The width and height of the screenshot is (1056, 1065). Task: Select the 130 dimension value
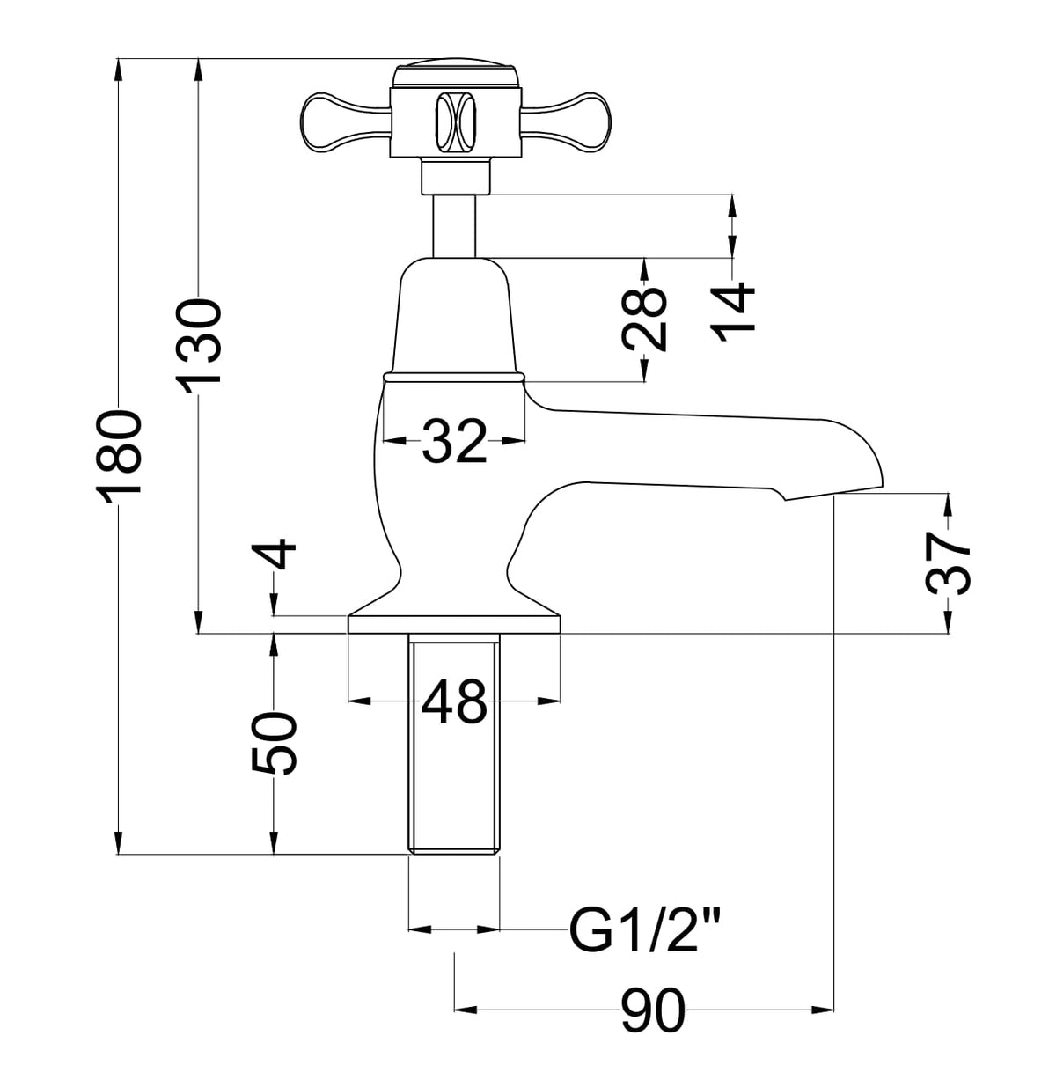point(198,345)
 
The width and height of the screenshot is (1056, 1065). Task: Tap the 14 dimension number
point(732,312)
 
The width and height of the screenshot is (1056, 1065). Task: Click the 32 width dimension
point(454,440)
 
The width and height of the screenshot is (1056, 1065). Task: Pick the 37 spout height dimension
point(948,562)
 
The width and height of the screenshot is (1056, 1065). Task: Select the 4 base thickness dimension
point(274,554)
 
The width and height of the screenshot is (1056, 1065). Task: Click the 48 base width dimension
point(454,701)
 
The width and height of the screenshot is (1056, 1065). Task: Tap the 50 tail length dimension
point(274,744)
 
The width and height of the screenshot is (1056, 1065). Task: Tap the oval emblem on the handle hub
point(455,121)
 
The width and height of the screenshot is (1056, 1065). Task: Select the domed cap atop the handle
point(457,73)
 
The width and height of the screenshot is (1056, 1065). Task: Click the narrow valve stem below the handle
point(454,226)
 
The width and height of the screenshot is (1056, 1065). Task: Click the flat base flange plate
point(454,624)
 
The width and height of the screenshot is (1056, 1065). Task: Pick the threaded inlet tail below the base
point(454,744)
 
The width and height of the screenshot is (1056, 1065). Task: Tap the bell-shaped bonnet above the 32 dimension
point(454,314)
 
